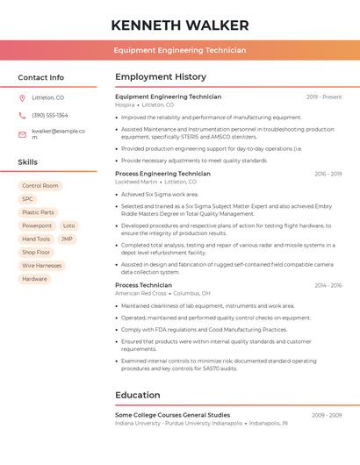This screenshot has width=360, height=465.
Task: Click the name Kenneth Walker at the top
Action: click(180, 25)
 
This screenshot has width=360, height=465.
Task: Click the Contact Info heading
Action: click(40, 77)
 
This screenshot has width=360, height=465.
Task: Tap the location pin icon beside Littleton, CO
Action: click(22, 97)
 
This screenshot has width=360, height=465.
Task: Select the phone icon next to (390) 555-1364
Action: click(22, 115)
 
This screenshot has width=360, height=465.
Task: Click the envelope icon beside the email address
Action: click(22, 133)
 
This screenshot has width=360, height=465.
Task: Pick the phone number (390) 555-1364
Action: click(50, 115)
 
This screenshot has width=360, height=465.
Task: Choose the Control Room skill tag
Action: click(40, 186)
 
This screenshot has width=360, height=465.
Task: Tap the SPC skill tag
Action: click(27, 199)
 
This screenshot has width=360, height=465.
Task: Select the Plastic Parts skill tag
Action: click(38, 212)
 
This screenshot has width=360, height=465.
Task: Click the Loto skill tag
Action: click(69, 225)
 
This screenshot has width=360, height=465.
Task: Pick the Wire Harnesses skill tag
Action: click(42, 265)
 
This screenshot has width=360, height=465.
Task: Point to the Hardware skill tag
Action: click(34, 279)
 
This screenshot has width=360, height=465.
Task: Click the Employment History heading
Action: click(161, 77)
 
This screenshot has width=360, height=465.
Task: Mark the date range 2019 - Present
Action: click(324, 97)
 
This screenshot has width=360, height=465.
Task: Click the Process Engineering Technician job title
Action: click(162, 174)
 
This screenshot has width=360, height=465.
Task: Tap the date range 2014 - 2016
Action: click(328, 285)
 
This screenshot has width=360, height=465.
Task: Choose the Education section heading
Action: click(137, 396)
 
